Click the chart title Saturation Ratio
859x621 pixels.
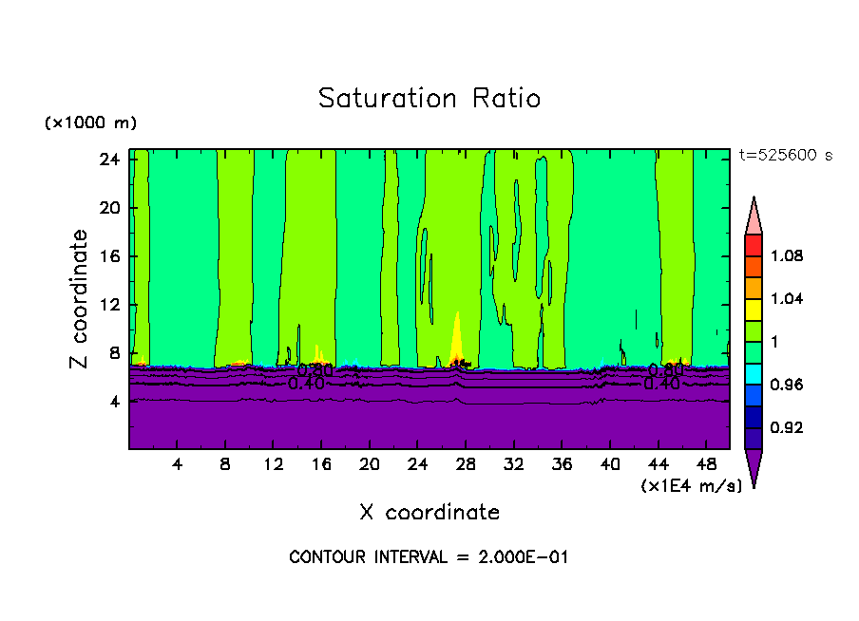click(429, 98)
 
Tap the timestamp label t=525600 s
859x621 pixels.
click(785, 156)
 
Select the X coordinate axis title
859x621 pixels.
click(429, 513)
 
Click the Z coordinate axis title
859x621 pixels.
click(80, 299)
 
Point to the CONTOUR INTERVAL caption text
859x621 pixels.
click(429, 557)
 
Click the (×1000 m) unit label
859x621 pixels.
click(90, 123)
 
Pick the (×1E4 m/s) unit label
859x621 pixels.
click(691, 486)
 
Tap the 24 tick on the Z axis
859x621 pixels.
click(109, 160)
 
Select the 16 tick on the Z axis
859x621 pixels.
click(109, 256)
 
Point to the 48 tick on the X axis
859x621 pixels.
click(706, 464)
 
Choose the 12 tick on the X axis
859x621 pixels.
click(274, 464)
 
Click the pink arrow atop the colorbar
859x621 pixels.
click(754, 216)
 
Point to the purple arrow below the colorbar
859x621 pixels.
click(754, 467)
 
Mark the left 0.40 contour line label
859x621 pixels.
click(307, 384)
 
